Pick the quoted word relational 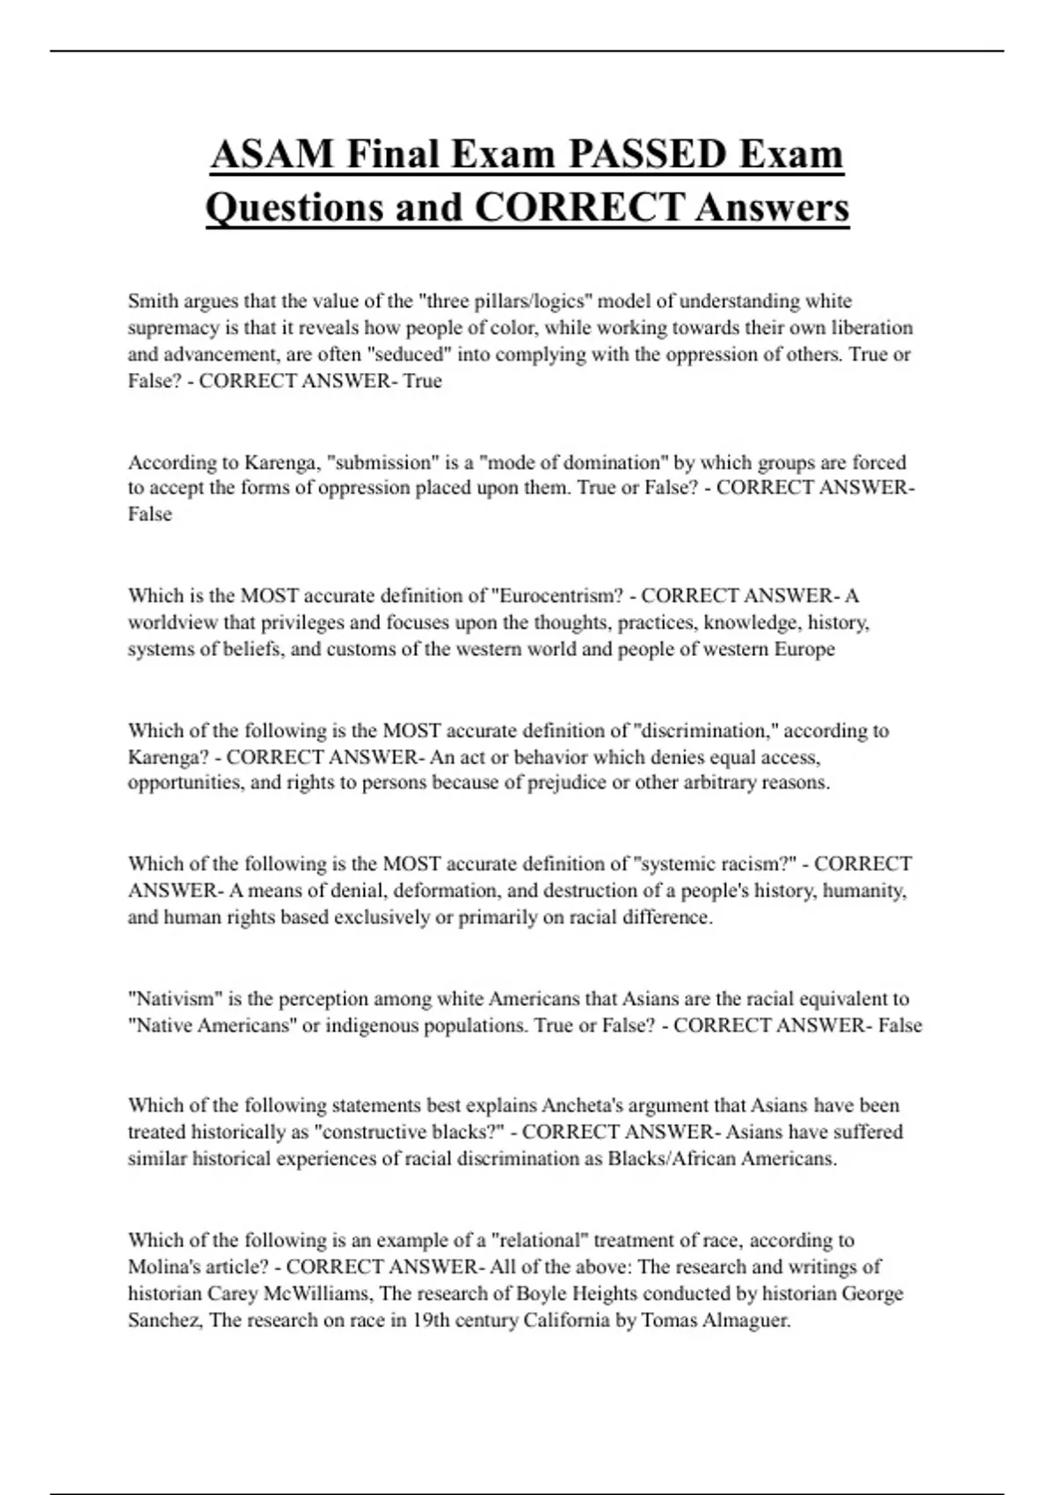point(541,1240)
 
